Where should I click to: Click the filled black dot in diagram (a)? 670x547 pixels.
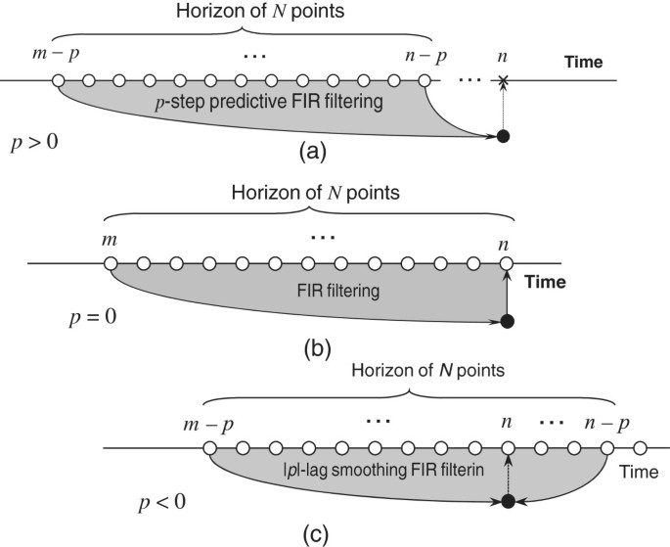point(503,137)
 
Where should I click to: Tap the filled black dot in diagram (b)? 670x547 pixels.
point(505,321)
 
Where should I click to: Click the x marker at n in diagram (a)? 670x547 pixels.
point(503,80)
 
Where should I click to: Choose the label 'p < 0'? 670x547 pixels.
point(158,502)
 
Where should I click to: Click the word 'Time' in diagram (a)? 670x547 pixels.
point(588,63)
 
